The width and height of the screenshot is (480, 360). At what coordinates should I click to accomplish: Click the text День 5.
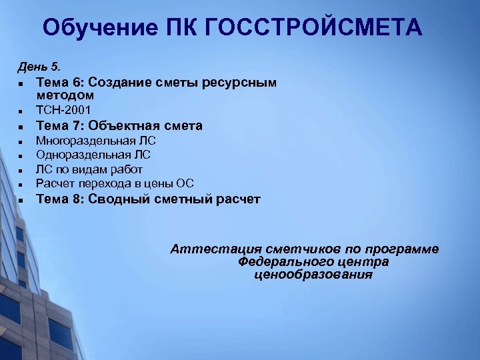pos(38,67)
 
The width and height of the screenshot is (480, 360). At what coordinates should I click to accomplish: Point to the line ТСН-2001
pos(63,109)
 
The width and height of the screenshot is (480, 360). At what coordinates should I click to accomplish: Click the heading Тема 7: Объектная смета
pos(119,125)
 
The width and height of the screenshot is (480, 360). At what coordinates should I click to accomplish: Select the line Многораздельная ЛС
pos(95,141)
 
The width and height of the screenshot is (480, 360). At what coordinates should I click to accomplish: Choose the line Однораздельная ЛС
pos(93,155)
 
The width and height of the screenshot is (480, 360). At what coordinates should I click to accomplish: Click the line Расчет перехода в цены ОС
pos(115,183)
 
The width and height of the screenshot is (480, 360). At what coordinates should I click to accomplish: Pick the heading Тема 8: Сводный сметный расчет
pos(148,199)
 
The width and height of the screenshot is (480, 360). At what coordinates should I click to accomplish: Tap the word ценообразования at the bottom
pos(313,275)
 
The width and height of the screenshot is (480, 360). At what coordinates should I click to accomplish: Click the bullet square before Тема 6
pos(22,85)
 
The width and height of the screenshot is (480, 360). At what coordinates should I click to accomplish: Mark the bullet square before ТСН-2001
pos(22,111)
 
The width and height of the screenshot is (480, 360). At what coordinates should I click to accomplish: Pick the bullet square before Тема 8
pos(22,200)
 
